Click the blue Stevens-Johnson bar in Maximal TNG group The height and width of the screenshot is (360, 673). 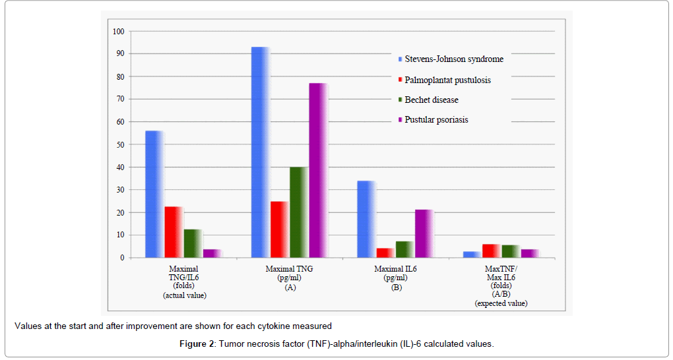click(x=260, y=152)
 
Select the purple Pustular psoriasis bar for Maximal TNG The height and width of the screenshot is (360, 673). click(x=319, y=170)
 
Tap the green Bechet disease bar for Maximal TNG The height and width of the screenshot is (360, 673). click(x=299, y=212)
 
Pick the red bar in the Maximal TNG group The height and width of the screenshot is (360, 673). click(x=279, y=229)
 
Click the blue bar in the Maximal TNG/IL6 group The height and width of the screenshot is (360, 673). click(x=154, y=194)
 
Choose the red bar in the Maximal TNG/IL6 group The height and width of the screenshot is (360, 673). click(x=174, y=232)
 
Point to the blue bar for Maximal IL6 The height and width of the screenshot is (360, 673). click(x=366, y=219)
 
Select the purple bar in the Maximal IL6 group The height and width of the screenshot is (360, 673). click(x=424, y=233)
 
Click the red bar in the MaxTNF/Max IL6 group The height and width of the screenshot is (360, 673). click(x=490, y=251)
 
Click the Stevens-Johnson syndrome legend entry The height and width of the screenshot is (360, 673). click(x=453, y=59)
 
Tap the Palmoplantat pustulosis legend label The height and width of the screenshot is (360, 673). click(x=447, y=80)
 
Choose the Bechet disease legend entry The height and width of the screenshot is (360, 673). click(x=431, y=100)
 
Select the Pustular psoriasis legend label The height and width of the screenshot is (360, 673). click(x=436, y=119)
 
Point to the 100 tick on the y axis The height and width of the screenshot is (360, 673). click(x=118, y=31)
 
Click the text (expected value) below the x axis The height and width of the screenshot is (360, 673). click(x=501, y=303)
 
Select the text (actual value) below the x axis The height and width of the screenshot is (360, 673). click(x=184, y=295)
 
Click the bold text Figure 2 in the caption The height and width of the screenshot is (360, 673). click(x=197, y=344)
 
